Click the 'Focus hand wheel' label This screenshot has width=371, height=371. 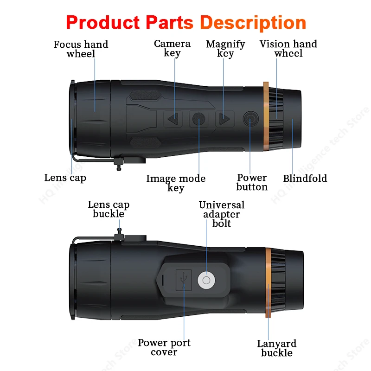tap(81, 49)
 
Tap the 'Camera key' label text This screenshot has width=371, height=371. tap(172, 48)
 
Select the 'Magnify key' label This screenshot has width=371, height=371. tap(225, 49)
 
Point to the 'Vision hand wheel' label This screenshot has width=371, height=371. tap(288, 49)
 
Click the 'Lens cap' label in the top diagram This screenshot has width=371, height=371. tap(65, 178)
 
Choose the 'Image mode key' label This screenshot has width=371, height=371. tap(176, 183)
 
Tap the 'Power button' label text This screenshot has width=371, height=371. tap(252, 182)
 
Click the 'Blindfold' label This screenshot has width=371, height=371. tap(305, 179)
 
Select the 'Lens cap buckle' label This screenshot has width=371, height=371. tap(109, 209)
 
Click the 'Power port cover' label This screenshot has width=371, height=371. tap(164, 347)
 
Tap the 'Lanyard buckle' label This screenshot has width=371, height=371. tap(277, 348)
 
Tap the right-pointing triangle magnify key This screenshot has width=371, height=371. tap(225, 119)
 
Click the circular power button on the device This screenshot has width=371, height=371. tap(250, 119)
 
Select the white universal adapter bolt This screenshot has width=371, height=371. tap(207, 280)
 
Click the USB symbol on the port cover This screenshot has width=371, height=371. tap(184, 280)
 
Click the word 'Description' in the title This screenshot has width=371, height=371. tap(253, 22)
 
